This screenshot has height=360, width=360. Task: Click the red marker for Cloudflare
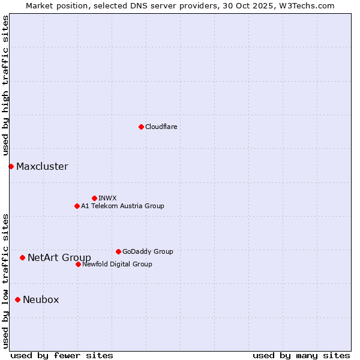point(141,127)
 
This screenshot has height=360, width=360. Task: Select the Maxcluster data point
point(11,166)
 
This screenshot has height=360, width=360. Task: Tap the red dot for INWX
point(94,198)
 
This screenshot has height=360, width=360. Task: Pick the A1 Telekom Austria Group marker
point(77,206)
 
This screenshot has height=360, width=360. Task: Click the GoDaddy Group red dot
point(118,251)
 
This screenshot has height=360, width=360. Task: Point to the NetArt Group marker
point(22,257)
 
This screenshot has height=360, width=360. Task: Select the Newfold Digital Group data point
point(78,264)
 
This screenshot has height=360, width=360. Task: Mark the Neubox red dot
point(17,299)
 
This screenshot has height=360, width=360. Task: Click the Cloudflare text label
point(161,127)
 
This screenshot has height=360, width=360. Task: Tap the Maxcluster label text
point(42,167)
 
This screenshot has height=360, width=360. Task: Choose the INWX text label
point(107,198)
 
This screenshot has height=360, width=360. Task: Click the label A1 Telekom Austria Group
point(122,206)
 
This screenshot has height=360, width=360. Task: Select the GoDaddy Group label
point(148,251)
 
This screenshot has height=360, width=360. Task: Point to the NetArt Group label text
point(59,258)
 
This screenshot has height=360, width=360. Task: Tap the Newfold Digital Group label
point(117,264)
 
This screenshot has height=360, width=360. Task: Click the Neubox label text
point(41,300)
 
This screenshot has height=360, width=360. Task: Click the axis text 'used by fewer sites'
point(62,355)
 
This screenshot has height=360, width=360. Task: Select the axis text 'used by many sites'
point(301,355)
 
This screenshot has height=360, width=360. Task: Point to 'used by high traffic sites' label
point(5,86)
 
